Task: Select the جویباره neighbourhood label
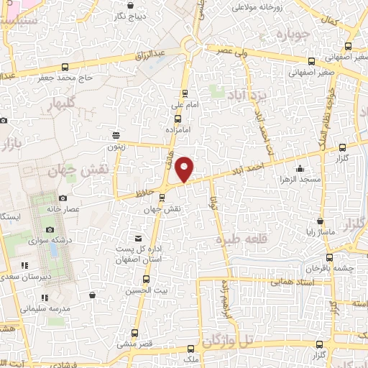(x=296, y=33)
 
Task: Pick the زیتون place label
(x=116, y=146)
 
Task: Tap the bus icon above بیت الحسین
(x=147, y=279)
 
